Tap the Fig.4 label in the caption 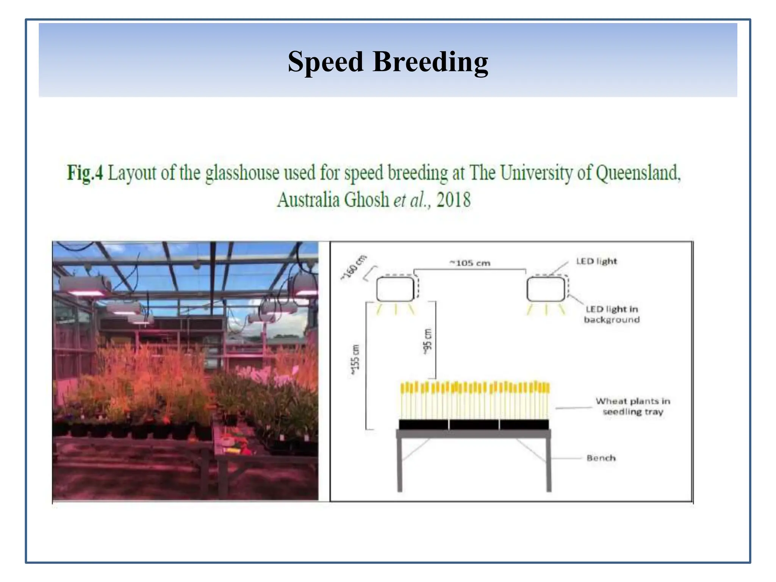[85, 173]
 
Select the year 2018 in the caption [453, 200]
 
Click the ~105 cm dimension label [470, 263]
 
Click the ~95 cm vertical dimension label [427, 341]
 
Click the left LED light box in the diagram [395, 289]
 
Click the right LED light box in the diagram [546, 289]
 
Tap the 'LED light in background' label [612, 314]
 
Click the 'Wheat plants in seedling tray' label [633, 406]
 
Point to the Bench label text [601, 458]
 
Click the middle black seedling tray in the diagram [474, 424]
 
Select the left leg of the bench [399, 464]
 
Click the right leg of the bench [548, 464]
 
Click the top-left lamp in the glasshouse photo [81, 286]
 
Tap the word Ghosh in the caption [366, 200]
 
